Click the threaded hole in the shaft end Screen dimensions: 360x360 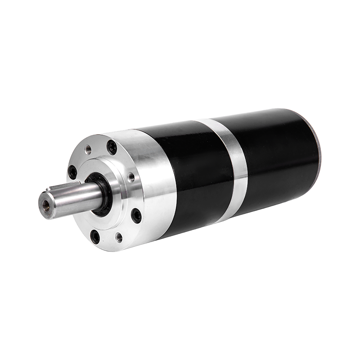(46, 203)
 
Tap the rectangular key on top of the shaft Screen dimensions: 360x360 (72, 189)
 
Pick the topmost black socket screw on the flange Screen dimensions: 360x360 (111, 147)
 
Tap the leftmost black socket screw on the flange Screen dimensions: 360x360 (72, 172)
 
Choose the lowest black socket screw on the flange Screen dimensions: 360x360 (95, 236)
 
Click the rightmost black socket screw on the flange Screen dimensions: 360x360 (136, 215)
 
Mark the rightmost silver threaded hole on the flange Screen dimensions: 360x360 (131, 177)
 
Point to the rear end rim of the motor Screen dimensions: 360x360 (318, 148)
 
